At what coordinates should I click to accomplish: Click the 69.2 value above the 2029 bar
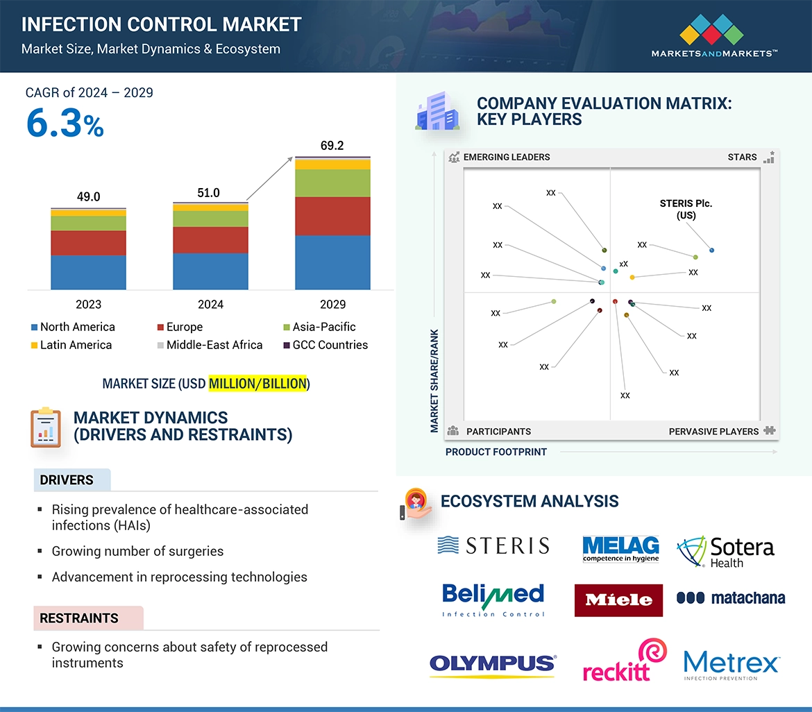tap(332, 146)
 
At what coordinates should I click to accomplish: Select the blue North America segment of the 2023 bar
tap(88, 272)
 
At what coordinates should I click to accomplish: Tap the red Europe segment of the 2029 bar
tap(332, 216)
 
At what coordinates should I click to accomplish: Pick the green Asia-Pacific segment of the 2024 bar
tap(210, 219)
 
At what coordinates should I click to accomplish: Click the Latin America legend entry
tap(71, 345)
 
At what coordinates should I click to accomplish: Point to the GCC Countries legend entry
tap(325, 345)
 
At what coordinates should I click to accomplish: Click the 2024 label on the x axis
tap(210, 304)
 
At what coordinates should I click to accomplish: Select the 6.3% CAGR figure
tap(65, 124)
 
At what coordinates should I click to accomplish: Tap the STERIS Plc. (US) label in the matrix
tap(686, 209)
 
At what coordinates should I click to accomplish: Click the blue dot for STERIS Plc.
tap(712, 250)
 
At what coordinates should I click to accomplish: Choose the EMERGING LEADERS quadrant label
tap(506, 157)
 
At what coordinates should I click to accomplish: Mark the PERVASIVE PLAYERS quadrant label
tap(713, 432)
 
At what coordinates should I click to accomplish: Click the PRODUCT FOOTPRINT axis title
tap(496, 452)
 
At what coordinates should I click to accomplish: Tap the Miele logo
tap(618, 600)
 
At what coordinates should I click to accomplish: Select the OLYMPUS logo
tap(493, 664)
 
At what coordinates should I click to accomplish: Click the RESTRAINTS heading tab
tap(79, 618)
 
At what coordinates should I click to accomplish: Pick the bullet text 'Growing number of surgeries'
tap(137, 552)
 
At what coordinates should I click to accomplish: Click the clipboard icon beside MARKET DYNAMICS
tap(46, 427)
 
